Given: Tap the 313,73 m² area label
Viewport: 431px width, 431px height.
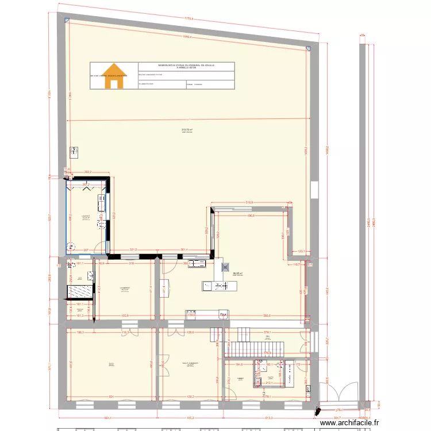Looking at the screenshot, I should point(187,130).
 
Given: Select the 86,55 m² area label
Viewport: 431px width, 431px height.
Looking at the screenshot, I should point(237,274).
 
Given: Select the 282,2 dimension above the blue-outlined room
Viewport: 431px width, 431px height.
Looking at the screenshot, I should point(88,172).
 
